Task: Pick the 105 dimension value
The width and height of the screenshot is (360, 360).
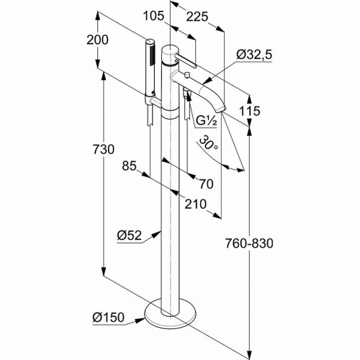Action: point(150,16)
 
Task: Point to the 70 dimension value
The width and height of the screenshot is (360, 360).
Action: point(206,184)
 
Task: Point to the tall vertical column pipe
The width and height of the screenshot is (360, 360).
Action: point(167,216)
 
